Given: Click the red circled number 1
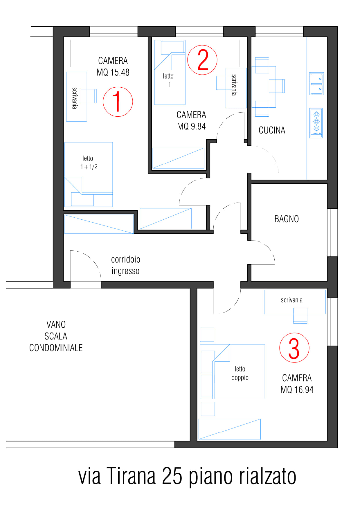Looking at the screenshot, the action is tap(118, 102).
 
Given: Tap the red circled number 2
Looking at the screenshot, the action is tap(202, 60).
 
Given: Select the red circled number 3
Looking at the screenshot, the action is tap(294, 348).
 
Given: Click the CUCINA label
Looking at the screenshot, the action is tap(272, 130).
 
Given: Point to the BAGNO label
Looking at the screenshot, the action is tap(287, 219).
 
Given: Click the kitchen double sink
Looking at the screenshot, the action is tap(316, 84).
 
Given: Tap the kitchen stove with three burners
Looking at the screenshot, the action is tap(316, 123).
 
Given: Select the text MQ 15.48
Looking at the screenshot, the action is tap(113, 72).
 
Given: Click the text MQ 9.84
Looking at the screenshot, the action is tap(191, 127).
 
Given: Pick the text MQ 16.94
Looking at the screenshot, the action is tap(297, 389).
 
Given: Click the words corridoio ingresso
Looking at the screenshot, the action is tap(126, 265).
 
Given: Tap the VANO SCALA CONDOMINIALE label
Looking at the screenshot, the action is tap(56, 336).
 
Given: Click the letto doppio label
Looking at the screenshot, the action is tap(240, 373).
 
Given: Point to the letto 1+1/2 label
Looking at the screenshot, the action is tap(89, 163).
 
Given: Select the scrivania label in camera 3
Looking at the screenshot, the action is tap(292, 300).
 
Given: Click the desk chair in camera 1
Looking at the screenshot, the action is tap(89, 96).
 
